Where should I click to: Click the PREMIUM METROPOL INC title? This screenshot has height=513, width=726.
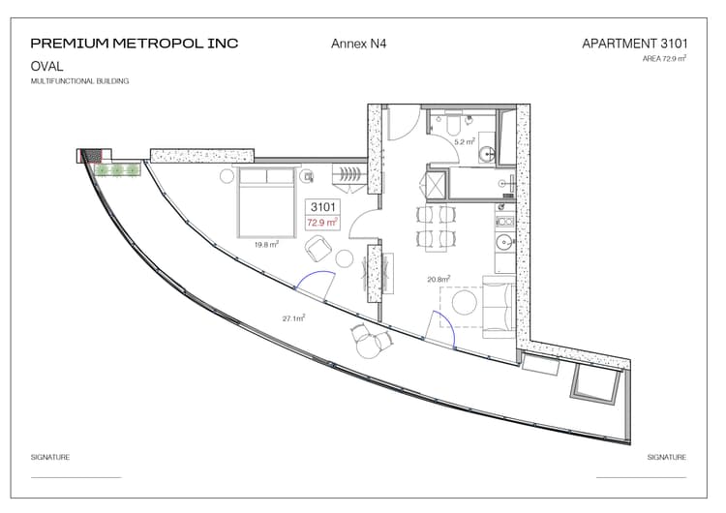pyautogui.click(x=134, y=44)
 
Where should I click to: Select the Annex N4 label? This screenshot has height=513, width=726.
pyautogui.click(x=359, y=44)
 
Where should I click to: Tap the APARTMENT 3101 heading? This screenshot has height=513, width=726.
pyautogui.click(x=635, y=44)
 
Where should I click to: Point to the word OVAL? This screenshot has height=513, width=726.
pyautogui.click(x=47, y=66)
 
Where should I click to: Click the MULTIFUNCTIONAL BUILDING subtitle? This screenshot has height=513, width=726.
pyautogui.click(x=79, y=81)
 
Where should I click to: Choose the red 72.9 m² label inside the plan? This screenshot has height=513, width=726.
pyautogui.click(x=322, y=223)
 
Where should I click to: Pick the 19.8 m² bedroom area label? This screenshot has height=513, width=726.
pyautogui.click(x=266, y=245)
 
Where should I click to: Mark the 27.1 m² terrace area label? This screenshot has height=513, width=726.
pyautogui.click(x=293, y=317)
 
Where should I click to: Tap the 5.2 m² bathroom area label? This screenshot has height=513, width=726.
pyautogui.click(x=466, y=141)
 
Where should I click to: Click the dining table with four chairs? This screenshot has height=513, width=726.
pyautogui.click(x=433, y=226)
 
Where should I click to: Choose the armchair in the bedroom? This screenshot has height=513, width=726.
pyautogui.click(x=318, y=249)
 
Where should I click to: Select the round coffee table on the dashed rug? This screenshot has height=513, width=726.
pyautogui.click(x=467, y=303)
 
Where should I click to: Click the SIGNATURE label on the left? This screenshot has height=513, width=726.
pyautogui.click(x=50, y=457)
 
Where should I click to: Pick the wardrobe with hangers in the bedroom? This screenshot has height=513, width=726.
pyautogui.click(x=348, y=174)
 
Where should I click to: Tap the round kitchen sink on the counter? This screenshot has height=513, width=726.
pyautogui.click(x=502, y=243)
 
